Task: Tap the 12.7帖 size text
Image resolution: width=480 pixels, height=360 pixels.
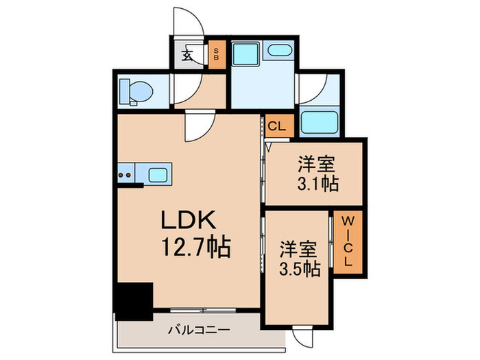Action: pos(195,245)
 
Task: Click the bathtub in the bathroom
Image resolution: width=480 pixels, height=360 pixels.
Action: pos(319,124)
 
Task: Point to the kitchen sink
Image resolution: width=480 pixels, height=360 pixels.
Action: pos(158,174)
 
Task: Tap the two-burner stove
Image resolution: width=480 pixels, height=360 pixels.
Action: pos(126,175)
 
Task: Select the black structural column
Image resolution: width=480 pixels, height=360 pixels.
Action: pos(133,300)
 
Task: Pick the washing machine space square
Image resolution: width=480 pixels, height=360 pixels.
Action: pos(243,53)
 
